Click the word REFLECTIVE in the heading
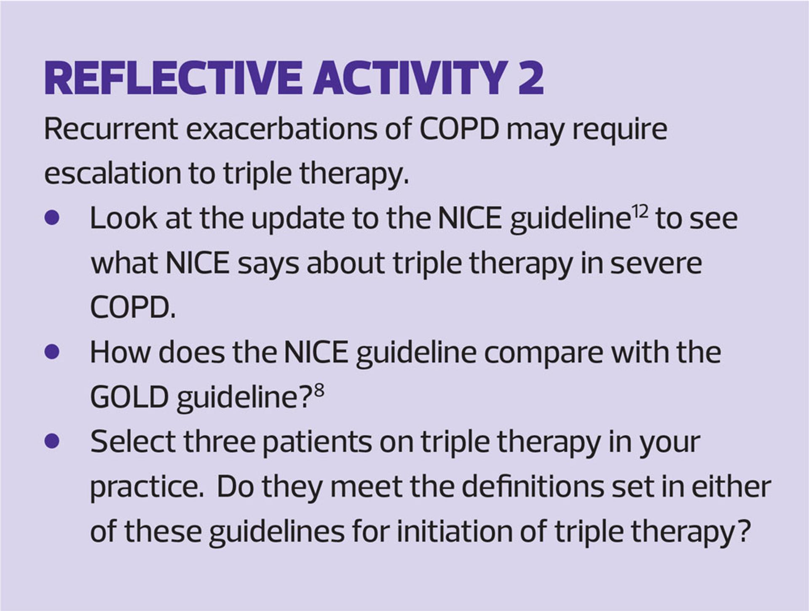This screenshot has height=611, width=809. click(x=173, y=78)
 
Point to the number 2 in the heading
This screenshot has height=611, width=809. click(x=531, y=78)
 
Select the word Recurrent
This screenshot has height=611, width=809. click(x=111, y=129)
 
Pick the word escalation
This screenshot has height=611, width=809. click(x=113, y=173)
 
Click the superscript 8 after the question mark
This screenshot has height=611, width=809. click(x=319, y=391)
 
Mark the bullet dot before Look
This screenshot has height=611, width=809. click(x=52, y=218)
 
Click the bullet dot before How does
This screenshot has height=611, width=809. click(x=52, y=352)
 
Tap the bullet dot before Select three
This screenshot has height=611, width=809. click(x=52, y=441)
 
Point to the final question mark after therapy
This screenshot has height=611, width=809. click(x=745, y=531)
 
